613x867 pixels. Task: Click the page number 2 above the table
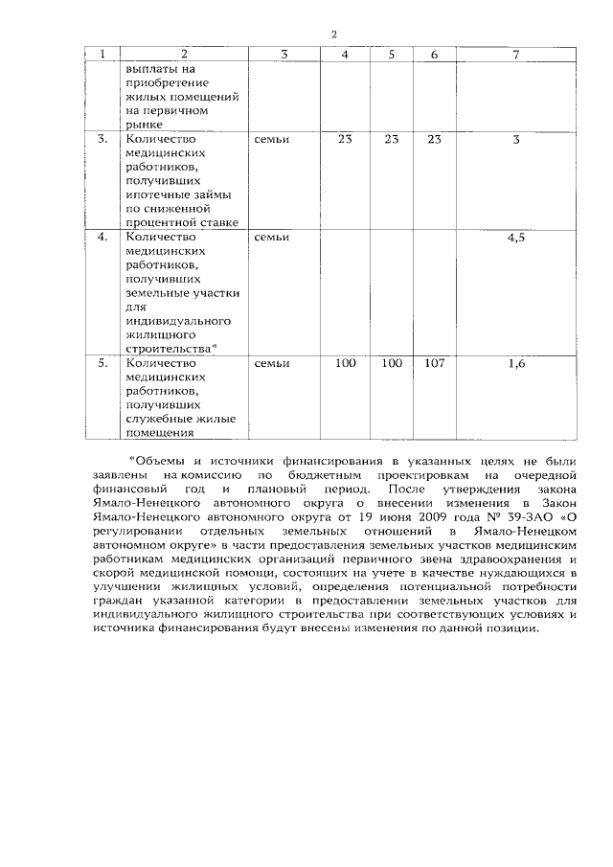334,35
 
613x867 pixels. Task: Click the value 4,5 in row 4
515,238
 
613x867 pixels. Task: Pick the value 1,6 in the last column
515,364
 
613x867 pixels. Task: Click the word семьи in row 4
272,238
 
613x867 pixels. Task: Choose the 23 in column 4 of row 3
346,140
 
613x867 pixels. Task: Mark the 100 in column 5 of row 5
391,364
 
